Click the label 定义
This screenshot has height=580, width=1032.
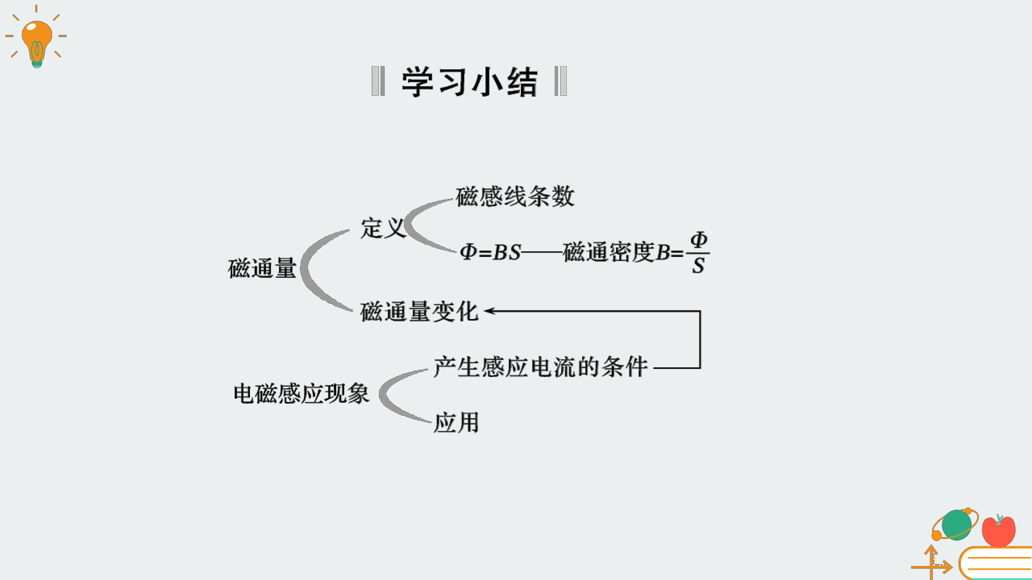click(x=383, y=228)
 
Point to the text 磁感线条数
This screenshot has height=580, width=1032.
click(x=515, y=197)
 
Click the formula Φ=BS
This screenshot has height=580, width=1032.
click(x=490, y=252)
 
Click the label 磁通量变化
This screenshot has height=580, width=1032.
click(x=419, y=311)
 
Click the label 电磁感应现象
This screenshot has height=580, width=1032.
click(x=301, y=393)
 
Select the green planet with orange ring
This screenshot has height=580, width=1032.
click(x=955, y=524)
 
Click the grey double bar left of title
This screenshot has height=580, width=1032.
click(x=378, y=81)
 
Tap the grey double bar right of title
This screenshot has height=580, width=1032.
click(x=560, y=81)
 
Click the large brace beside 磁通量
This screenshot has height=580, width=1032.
click(x=305, y=268)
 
